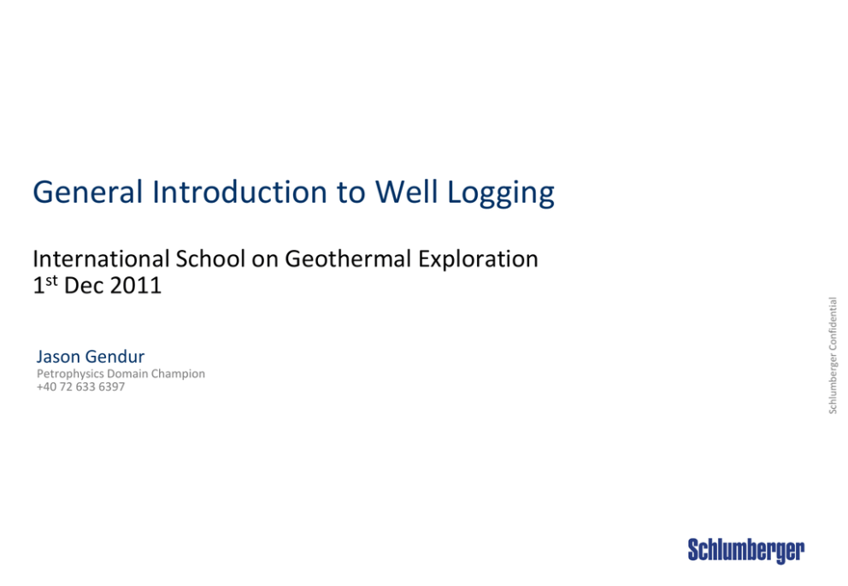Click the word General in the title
point(87,192)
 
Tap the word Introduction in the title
point(239,192)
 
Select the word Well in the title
point(407,192)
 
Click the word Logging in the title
point(501,193)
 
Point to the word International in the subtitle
point(101,258)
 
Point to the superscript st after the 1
point(51,281)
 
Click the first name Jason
point(58,357)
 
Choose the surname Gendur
point(115,357)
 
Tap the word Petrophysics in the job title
point(70,374)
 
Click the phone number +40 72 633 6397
point(80,387)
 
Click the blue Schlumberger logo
point(745,551)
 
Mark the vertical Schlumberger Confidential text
point(833,356)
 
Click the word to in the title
point(351,193)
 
